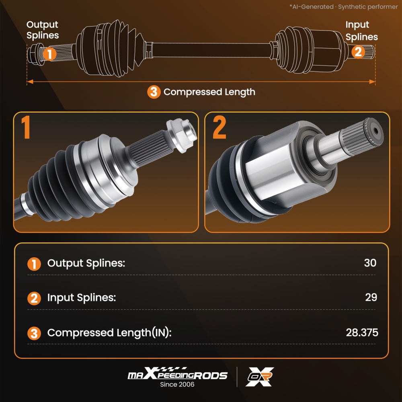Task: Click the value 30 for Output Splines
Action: (370, 263)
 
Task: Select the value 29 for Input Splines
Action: (371, 297)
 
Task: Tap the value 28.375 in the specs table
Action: (362, 332)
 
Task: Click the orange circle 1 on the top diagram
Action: (49, 54)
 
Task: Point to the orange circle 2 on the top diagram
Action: (358, 51)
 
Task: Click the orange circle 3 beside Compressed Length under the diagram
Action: (154, 92)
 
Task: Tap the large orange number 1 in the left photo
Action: (26, 127)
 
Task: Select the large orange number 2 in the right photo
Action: (219, 127)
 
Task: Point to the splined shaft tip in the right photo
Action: (361, 137)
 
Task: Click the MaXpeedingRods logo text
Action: (177, 374)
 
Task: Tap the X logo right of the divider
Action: (259, 377)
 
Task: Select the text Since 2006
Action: (177, 384)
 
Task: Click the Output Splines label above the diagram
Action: (43, 30)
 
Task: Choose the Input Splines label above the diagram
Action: (361, 31)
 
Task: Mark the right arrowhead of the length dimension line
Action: (372, 82)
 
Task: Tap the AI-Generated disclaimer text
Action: (344, 7)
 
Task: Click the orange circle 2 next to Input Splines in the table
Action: (34, 298)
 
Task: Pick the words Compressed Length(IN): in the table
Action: (109, 333)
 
